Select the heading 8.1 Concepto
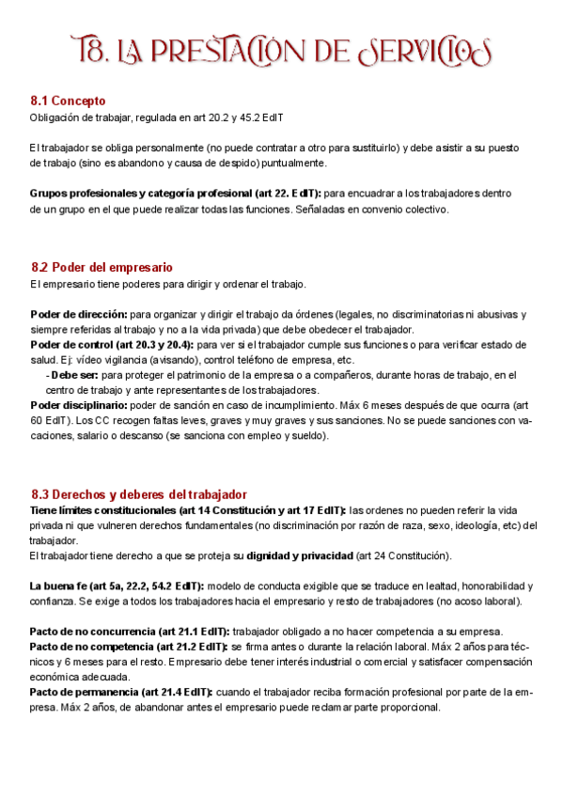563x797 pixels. click(68, 101)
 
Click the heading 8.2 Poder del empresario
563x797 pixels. click(102, 267)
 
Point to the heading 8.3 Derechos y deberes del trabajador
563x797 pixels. click(138, 493)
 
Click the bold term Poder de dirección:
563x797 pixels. click(78, 314)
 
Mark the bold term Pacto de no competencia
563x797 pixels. click(98, 647)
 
